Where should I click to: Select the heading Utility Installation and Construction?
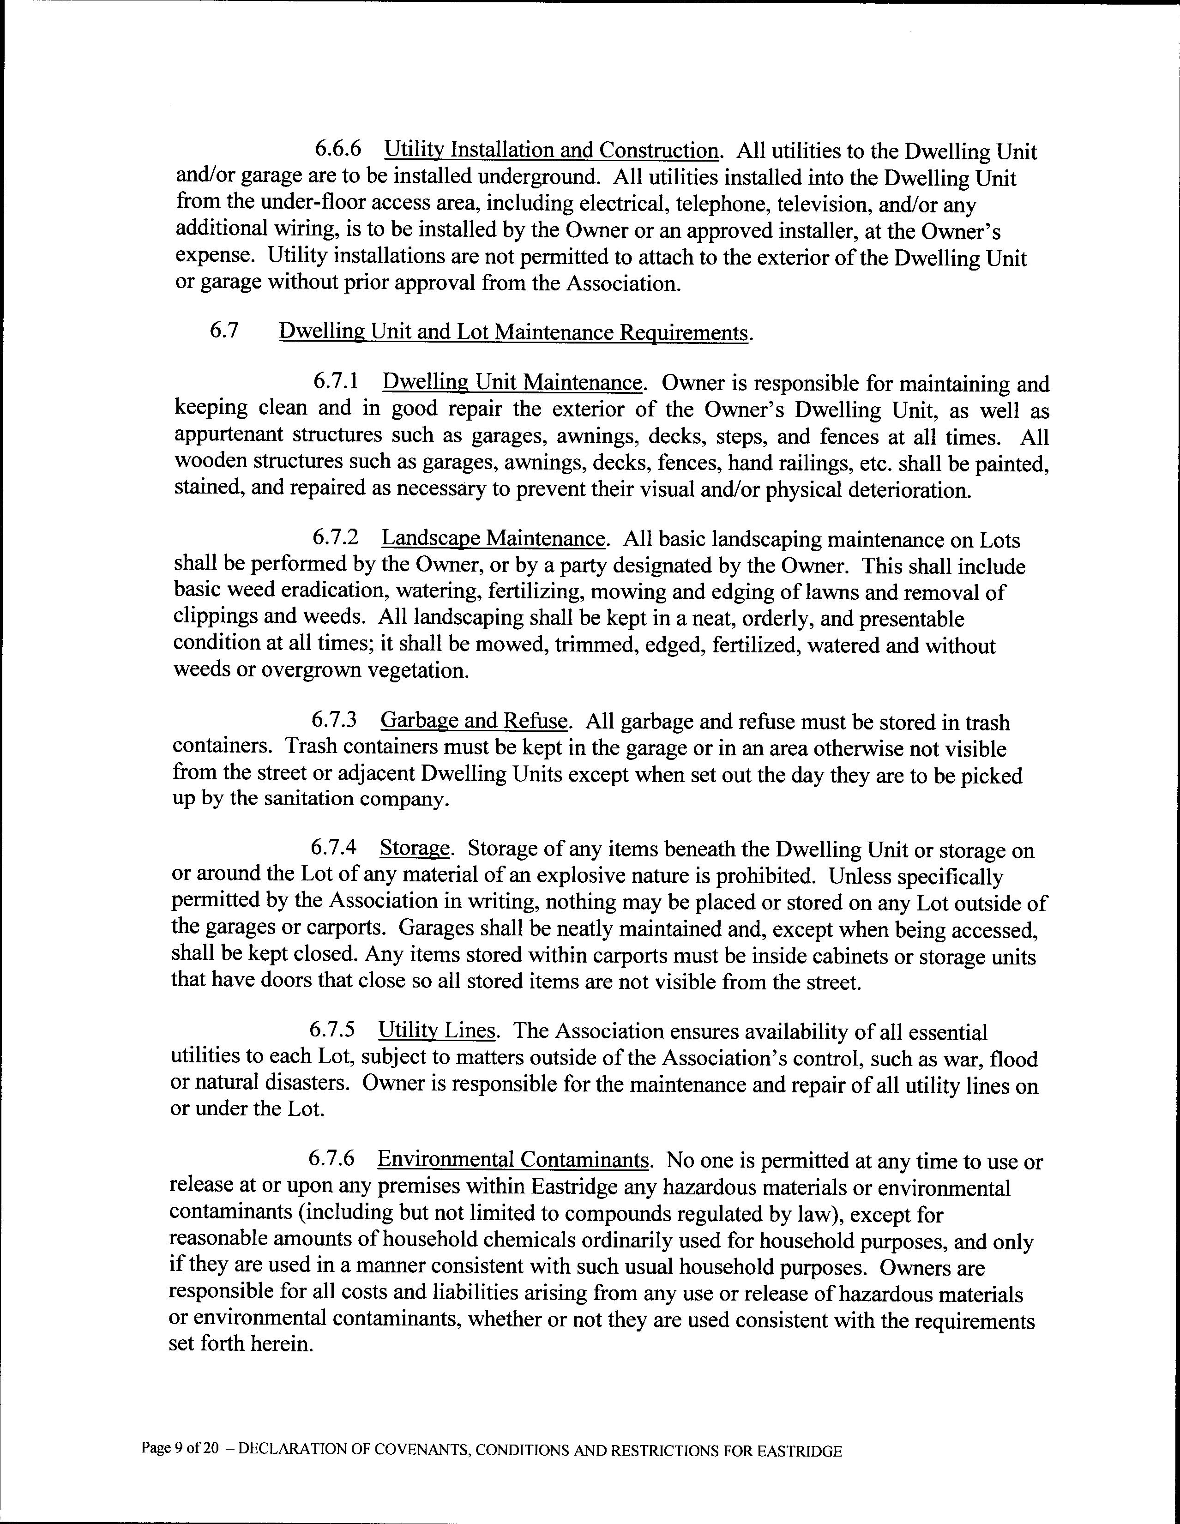pos(551,150)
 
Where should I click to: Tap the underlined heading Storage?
pos(415,849)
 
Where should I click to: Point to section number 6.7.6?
pos(331,1159)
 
